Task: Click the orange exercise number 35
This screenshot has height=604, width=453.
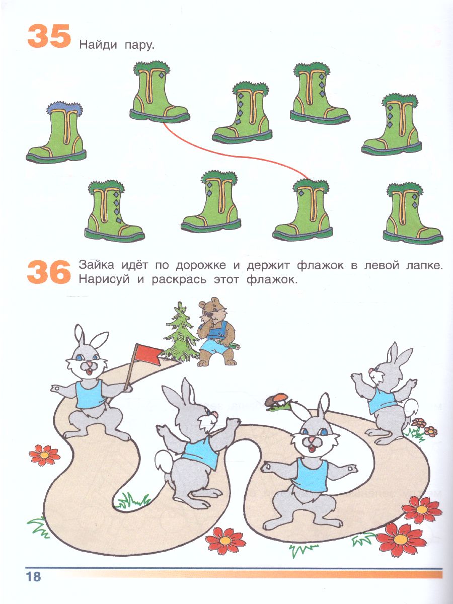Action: (49, 36)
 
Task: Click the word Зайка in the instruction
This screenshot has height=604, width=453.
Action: (97, 265)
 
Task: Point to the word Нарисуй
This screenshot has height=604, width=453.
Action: (104, 280)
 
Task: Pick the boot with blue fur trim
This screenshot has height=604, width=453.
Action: (56, 132)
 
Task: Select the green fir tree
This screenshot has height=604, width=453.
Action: (180, 334)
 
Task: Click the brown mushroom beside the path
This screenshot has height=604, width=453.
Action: (276, 401)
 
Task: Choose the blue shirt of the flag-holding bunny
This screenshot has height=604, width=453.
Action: (89, 394)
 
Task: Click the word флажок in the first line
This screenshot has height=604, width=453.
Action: (321, 265)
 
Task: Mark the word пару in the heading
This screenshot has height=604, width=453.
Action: (138, 46)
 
